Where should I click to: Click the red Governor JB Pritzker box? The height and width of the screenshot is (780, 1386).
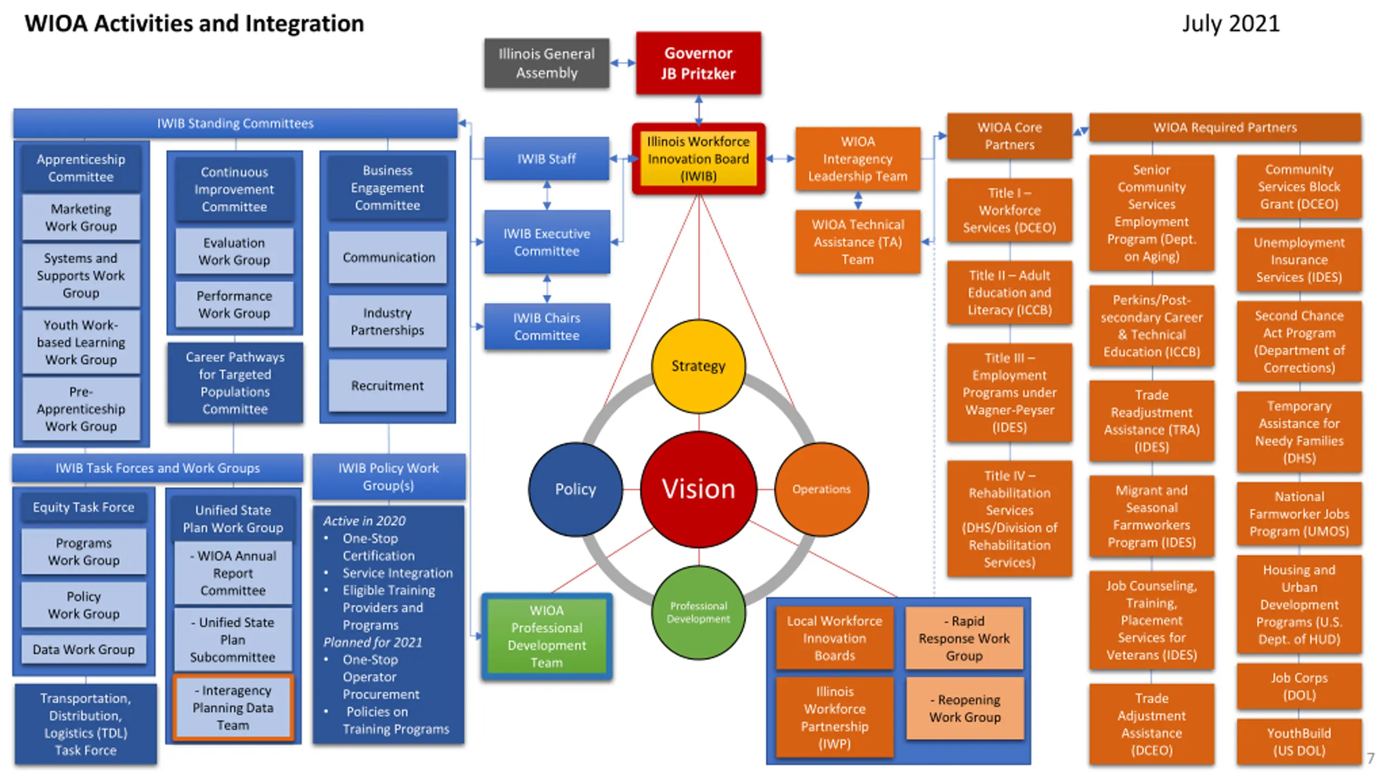click(698, 63)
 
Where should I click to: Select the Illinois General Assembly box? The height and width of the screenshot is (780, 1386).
click(547, 63)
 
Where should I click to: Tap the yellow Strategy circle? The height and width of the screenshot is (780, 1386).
click(698, 366)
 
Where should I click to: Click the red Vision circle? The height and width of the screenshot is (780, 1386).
click(698, 489)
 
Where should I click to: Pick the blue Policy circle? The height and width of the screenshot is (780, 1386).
click(576, 489)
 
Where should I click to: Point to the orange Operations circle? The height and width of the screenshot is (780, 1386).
click(821, 489)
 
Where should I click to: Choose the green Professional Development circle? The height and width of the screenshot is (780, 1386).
click(698, 612)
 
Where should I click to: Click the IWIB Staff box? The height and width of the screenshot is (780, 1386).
click(547, 159)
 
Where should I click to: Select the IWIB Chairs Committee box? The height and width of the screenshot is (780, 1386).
click(547, 327)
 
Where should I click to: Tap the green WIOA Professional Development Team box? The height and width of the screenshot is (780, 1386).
click(547, 636)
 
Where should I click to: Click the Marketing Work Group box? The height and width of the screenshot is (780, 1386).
click(81, 217)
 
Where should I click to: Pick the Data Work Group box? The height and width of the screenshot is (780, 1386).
click(84, 649)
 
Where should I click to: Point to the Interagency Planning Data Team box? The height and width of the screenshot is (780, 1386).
click(233, 707)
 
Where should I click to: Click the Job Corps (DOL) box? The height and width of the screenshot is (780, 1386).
click(1299, 686)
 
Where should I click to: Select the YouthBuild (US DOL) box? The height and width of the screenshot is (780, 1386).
click(1299, 742)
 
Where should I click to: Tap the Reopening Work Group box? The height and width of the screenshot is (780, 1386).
click(965, 708)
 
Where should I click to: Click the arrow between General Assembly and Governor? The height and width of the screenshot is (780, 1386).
click(623, 63)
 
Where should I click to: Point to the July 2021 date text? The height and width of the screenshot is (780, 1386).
click(1231, 24)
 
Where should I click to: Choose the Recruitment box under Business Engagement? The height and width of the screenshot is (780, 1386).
click(388, 386)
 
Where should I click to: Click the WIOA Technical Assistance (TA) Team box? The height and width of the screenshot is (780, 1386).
click(858, 242)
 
